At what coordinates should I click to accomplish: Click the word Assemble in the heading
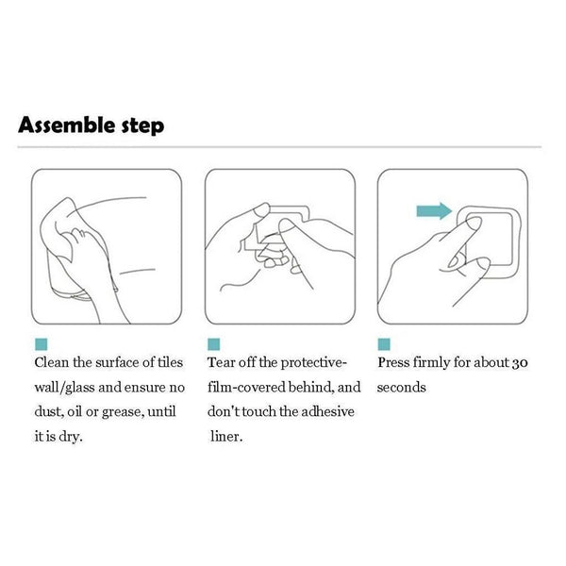pos(67,125)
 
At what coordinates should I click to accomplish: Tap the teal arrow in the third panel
pos(434,210)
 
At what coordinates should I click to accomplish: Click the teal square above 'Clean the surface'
pos(42,344)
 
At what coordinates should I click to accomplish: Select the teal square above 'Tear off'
pos(214,344)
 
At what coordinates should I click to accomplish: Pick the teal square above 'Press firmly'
pos(384,344)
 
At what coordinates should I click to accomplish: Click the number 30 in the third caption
pos(520,363)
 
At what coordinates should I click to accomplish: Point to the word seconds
pos(402,388)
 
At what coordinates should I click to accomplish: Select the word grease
pos(123,413)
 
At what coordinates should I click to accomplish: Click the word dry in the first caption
pos(71,438)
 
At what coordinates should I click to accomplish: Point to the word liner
pos(226,437)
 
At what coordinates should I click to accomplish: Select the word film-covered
pos(246,387)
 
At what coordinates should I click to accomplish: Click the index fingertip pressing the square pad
pos(474,223)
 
